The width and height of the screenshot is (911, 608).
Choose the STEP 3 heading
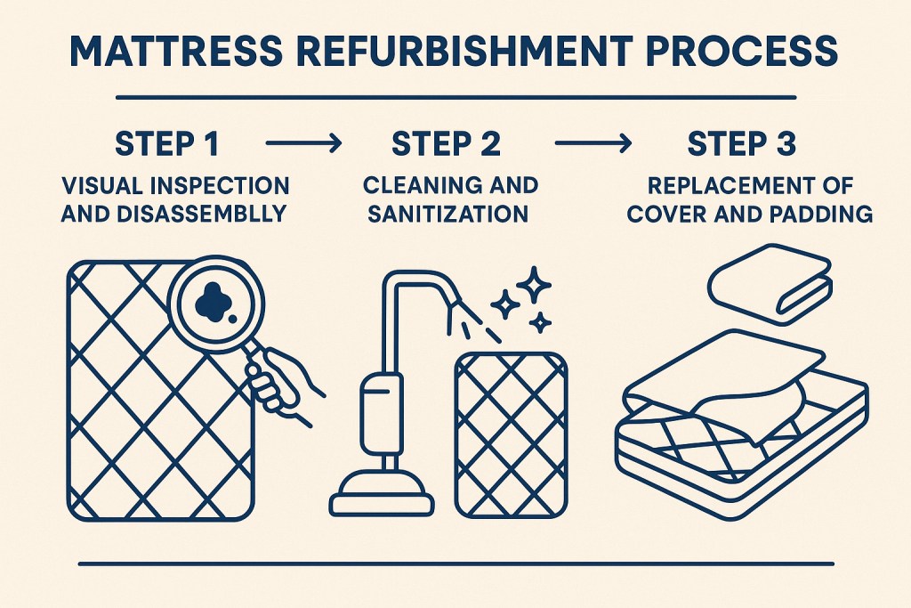click(742, 143)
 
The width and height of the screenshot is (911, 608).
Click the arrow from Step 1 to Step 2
click(302, 142)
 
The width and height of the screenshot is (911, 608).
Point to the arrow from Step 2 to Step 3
click(593, 142)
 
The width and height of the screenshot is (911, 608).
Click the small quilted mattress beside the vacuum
click(509, 432)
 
